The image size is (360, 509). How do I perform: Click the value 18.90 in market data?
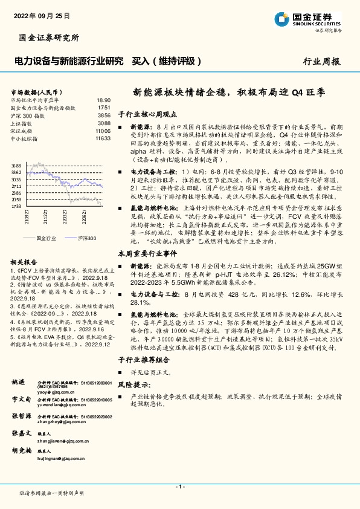103,100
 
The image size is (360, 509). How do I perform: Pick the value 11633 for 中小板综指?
103,138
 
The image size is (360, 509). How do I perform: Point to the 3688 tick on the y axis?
16,166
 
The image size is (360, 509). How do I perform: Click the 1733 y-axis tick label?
16,206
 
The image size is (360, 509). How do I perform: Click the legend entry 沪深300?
86,239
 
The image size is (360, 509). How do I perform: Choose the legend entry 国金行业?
46,239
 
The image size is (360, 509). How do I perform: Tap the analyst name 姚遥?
19,383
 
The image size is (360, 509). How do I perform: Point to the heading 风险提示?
135,384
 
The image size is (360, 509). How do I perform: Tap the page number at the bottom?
179,487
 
